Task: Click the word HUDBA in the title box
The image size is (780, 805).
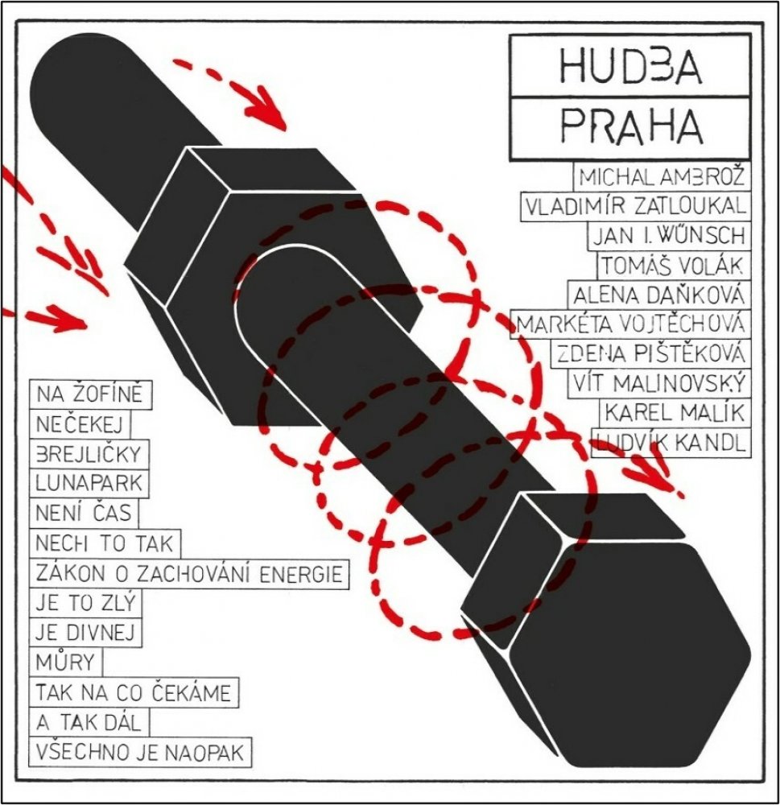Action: [630, 65]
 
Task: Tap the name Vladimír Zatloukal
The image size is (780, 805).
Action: [635, 206]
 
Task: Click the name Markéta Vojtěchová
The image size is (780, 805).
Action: [630, 324]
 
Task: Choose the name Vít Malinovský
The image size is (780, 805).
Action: [658, 383]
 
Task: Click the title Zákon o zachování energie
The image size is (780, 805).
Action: [189, 573]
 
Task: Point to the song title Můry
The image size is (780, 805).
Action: [66, 662]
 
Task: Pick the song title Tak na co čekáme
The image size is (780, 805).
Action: [134, 692]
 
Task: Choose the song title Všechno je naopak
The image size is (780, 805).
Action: [140, 753]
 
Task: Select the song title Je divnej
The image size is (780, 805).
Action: [85, 633]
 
